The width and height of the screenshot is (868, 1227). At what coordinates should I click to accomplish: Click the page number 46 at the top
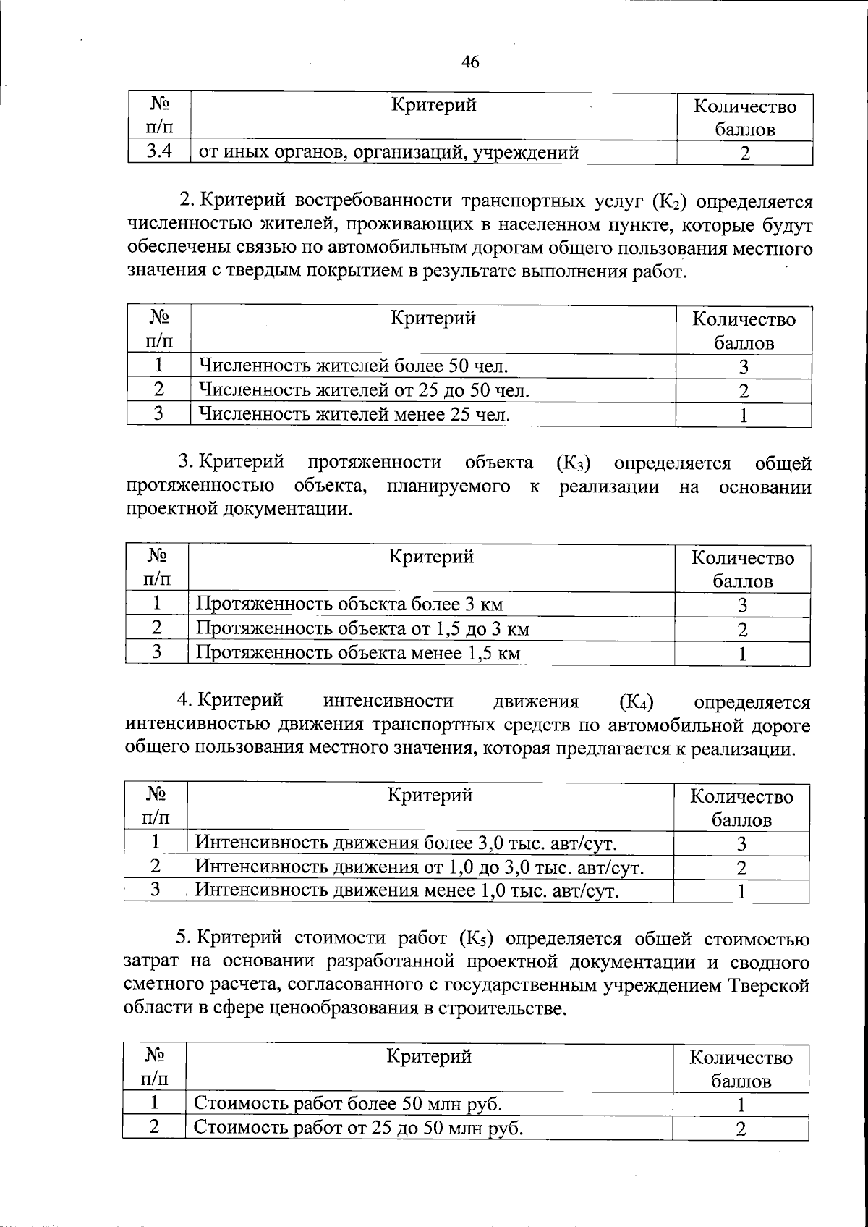470,62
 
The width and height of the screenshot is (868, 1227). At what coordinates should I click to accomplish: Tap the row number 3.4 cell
158,152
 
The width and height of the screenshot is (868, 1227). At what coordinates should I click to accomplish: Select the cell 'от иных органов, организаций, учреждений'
388,153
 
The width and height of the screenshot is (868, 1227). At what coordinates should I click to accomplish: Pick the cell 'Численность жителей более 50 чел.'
353,366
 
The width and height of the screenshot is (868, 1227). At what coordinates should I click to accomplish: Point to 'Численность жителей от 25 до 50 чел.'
364,390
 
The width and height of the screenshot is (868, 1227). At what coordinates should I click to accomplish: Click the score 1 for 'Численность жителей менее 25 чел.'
743,415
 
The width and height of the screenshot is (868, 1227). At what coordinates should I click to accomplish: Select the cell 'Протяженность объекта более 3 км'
349,604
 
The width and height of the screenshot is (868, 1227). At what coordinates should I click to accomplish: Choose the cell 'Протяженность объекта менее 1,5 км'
358,653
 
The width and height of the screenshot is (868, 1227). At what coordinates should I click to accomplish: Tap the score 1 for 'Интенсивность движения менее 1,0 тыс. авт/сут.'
741,891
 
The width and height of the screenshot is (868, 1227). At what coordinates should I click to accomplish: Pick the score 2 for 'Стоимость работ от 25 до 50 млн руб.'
740,1129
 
